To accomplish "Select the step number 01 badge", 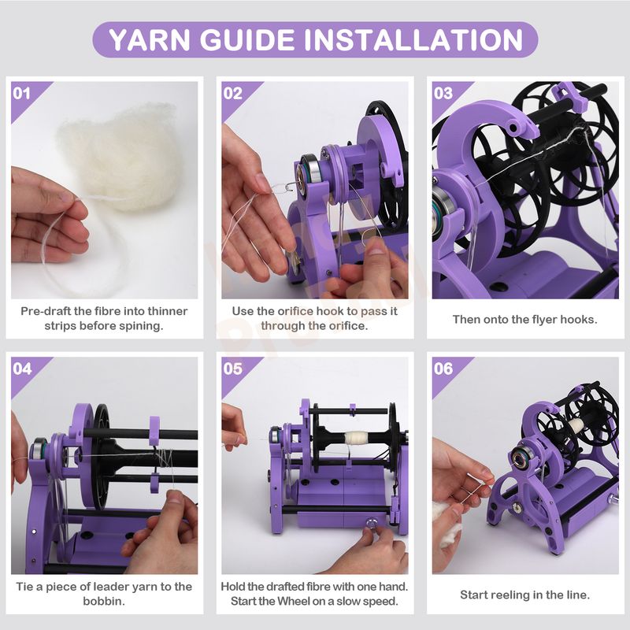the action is tap(21, 94).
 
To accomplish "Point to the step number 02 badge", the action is tap(232, 94).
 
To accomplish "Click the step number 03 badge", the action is tap(443, 94).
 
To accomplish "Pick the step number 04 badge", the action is tap(22, 369).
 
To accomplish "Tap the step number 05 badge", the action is tap(232, 369).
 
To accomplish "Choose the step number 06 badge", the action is tap(443, 369).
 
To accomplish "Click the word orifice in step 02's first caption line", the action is tap(295, 311).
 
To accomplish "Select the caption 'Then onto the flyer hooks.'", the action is tap(524, 320).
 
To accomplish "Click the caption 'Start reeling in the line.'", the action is tap(524, 595).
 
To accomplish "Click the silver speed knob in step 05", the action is tap(370, 523).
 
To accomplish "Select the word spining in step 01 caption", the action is tap(143, 326).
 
